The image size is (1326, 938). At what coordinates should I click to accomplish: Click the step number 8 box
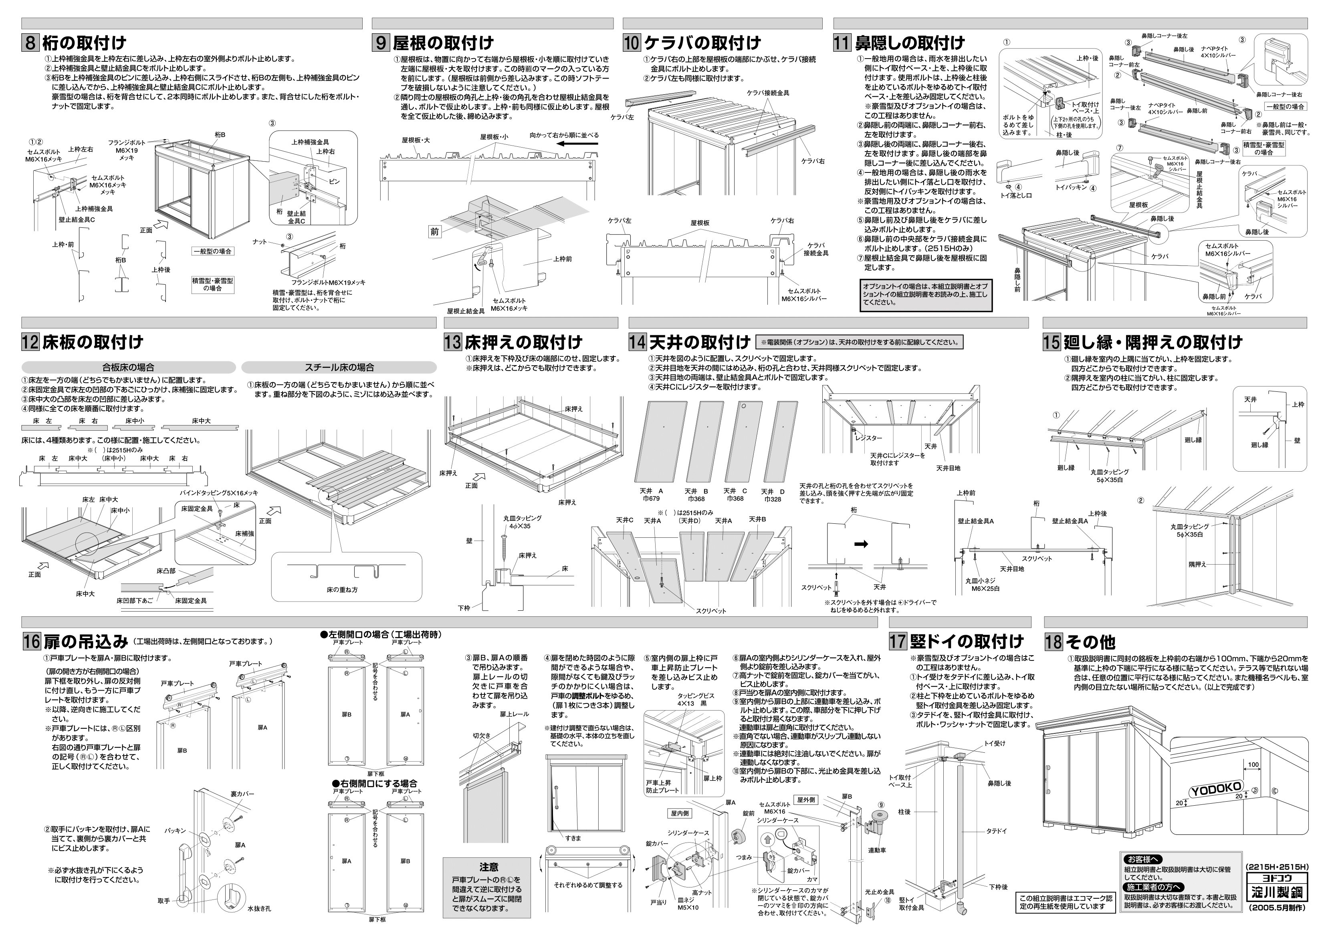coord(30,43)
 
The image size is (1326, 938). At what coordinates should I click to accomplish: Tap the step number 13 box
coord(453,342)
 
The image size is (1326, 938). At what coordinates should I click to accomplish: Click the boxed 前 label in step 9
coord(434,232)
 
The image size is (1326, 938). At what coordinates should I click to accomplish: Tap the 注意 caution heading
coord(488,867)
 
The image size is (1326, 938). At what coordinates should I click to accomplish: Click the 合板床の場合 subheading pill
coord(128,367)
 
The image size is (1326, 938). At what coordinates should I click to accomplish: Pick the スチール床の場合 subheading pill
coord(339,367)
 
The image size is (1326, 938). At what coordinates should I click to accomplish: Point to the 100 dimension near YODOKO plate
coord(1253,765)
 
